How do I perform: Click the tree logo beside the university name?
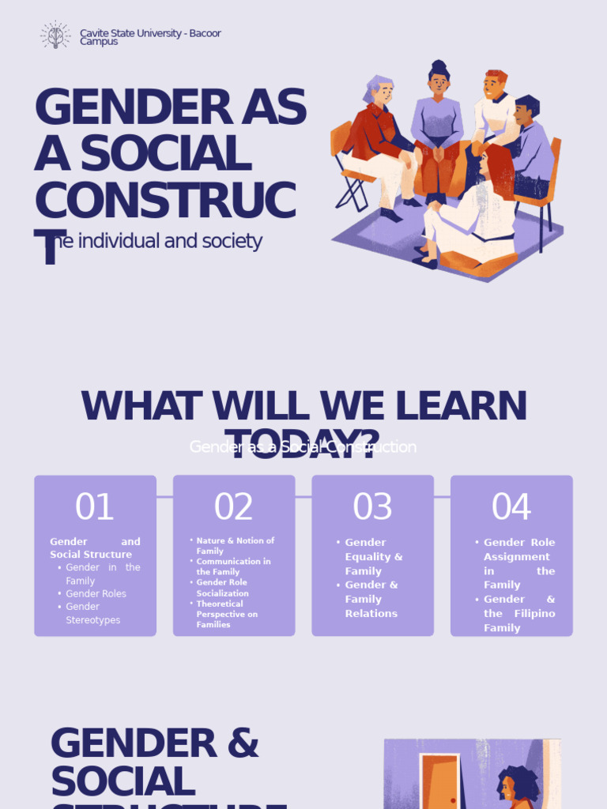[55, 36]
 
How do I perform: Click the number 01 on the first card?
[95, 507]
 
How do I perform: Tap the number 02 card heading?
[234, 507]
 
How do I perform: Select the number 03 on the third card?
[372, 507]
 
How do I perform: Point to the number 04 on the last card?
[511, 507]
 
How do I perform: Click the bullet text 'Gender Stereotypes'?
[93, 613]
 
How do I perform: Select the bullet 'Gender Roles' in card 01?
[96, 593]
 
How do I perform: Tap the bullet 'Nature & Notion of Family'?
[235, 546]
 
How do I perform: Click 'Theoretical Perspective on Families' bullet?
[227, 614]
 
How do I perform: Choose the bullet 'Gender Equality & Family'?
[373, 556]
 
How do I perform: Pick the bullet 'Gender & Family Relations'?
[371, 599]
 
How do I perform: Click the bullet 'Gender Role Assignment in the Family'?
[518, 563]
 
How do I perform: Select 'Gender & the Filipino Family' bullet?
[518, 613]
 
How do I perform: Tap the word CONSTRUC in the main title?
[165, 201]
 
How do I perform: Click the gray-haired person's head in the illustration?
[381, 90]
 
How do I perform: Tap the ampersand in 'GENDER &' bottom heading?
[243, 743]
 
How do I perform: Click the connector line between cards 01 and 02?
[164, 497]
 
